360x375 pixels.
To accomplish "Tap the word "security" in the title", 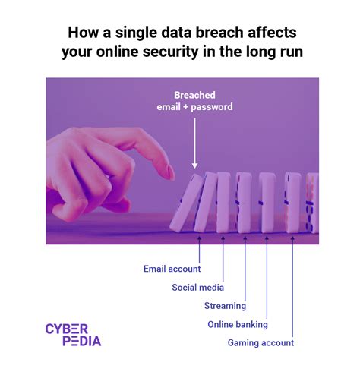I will [x=191, y=52].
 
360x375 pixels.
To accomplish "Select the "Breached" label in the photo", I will [x=194, y=94].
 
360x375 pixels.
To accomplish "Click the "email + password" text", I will [x=194, y=107].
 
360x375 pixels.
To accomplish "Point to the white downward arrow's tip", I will [x=194, y=166].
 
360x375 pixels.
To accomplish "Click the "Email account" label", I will [x=172, y=269].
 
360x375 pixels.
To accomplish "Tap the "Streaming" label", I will [x=225, y=306].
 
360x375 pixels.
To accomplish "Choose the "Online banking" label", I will [x=238, y=324].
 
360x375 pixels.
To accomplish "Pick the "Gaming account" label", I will [x=261, y=342].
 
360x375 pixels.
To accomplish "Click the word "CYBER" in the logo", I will [x=67, y=328].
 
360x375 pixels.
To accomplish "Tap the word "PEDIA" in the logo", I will [x=73, y=341].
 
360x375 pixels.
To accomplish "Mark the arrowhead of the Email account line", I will [x=200, y=236].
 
